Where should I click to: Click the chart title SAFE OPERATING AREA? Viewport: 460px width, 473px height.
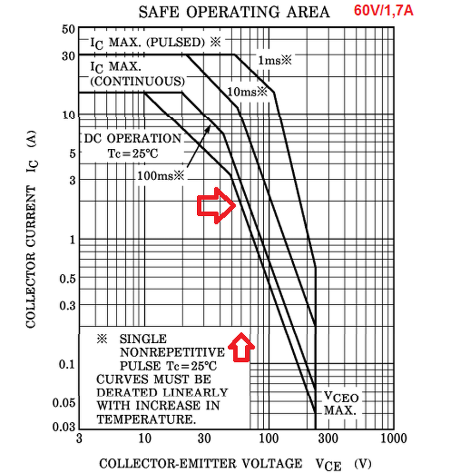pyautogui.click(x=234, y=12)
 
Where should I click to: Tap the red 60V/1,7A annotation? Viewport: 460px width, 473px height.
pyautogui.click(x=383, y=10)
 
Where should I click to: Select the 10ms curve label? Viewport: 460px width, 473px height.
pyautogui.click(x=248, y=91)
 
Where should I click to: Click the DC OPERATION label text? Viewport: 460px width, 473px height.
pyautogui.click(x=132, y=139)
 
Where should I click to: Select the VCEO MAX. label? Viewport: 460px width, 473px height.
pyautogui.click(x=340, y=403)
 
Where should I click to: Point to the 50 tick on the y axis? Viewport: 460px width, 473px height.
pyautogui.click(x=67, y=29)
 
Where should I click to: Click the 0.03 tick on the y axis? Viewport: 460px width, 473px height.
pyautogui.click(x=64, y=427)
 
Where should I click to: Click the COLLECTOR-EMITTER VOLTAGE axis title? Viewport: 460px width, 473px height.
pyautogui.click(x=200, y=463)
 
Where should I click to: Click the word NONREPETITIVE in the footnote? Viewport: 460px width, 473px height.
pyautogui.click(x=172, y=352)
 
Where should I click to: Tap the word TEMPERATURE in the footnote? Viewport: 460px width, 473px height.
pyautogui.click(x=145, y=419)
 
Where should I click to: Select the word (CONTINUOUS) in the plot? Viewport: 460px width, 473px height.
pyautogui.click(x=137, y=81)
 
